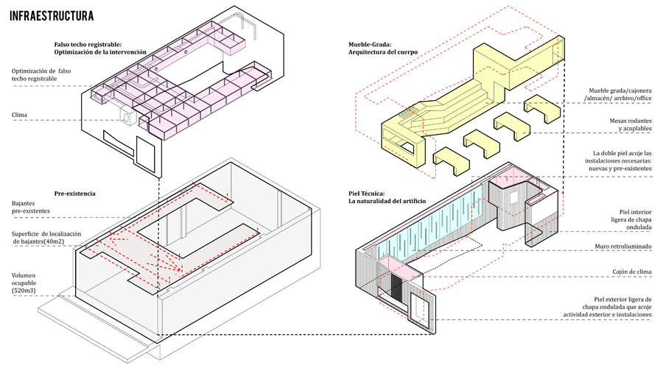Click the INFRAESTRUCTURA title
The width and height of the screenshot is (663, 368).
51,16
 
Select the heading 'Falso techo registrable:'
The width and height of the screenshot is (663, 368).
88,44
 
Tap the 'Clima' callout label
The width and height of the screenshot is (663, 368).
19,115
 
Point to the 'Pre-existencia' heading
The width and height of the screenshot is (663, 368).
75,194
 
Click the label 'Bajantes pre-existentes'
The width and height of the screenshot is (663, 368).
30,207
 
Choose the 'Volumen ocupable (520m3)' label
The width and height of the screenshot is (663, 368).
24,283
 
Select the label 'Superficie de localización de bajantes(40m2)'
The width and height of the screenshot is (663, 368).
46,238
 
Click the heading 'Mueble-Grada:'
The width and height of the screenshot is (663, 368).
370,44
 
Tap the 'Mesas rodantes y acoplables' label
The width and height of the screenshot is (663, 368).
631,124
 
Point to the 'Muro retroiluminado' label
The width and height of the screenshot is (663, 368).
623,247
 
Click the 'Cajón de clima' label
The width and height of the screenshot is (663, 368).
632,272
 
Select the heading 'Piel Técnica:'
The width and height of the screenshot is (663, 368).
367,194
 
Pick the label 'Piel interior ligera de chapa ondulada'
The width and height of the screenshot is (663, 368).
631,220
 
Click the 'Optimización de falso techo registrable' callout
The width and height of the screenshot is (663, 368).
41,75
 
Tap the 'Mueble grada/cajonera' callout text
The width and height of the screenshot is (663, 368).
620,91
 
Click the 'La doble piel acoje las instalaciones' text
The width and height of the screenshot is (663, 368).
619,158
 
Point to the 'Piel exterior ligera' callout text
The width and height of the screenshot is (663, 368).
622,299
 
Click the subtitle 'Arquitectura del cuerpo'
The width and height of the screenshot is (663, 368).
383,52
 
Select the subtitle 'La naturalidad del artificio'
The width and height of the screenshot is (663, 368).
387,202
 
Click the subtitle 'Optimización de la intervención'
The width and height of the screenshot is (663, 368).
100,52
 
